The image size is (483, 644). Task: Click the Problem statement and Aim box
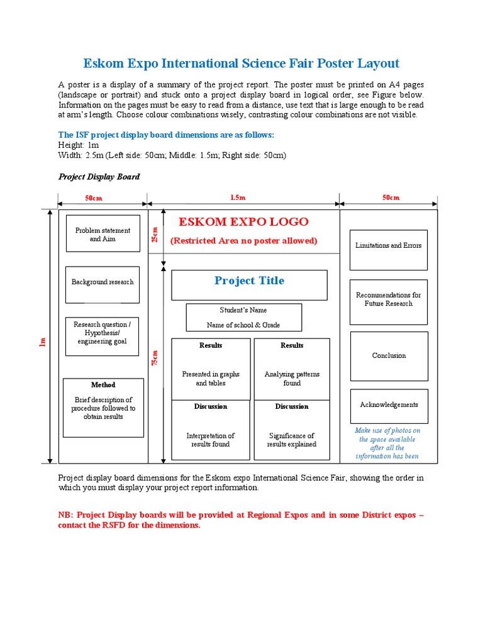click(103, 234)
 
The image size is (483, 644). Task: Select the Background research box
click(103, 282)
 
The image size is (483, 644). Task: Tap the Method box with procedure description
click(103, 408)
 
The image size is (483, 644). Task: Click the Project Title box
click(249, 284)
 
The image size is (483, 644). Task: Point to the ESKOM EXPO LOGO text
click(243, 222)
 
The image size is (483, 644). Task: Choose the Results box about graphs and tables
click(211, 369)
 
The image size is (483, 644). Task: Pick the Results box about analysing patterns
click(292, 369)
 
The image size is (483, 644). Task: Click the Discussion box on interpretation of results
click(211, 430)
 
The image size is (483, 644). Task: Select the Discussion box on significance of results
click(292, 430)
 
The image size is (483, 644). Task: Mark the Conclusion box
click(389, 356)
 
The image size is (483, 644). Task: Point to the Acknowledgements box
click(389, 406)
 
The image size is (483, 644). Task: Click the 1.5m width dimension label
click(238, 197)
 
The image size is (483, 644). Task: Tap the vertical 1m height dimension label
click(43, 341)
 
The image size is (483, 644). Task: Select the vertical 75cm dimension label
click(155, 358)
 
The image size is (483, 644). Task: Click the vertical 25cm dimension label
click(155, 235)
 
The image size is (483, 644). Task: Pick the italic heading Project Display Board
click(99, 177)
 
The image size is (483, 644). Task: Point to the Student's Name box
click(243, 318)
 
